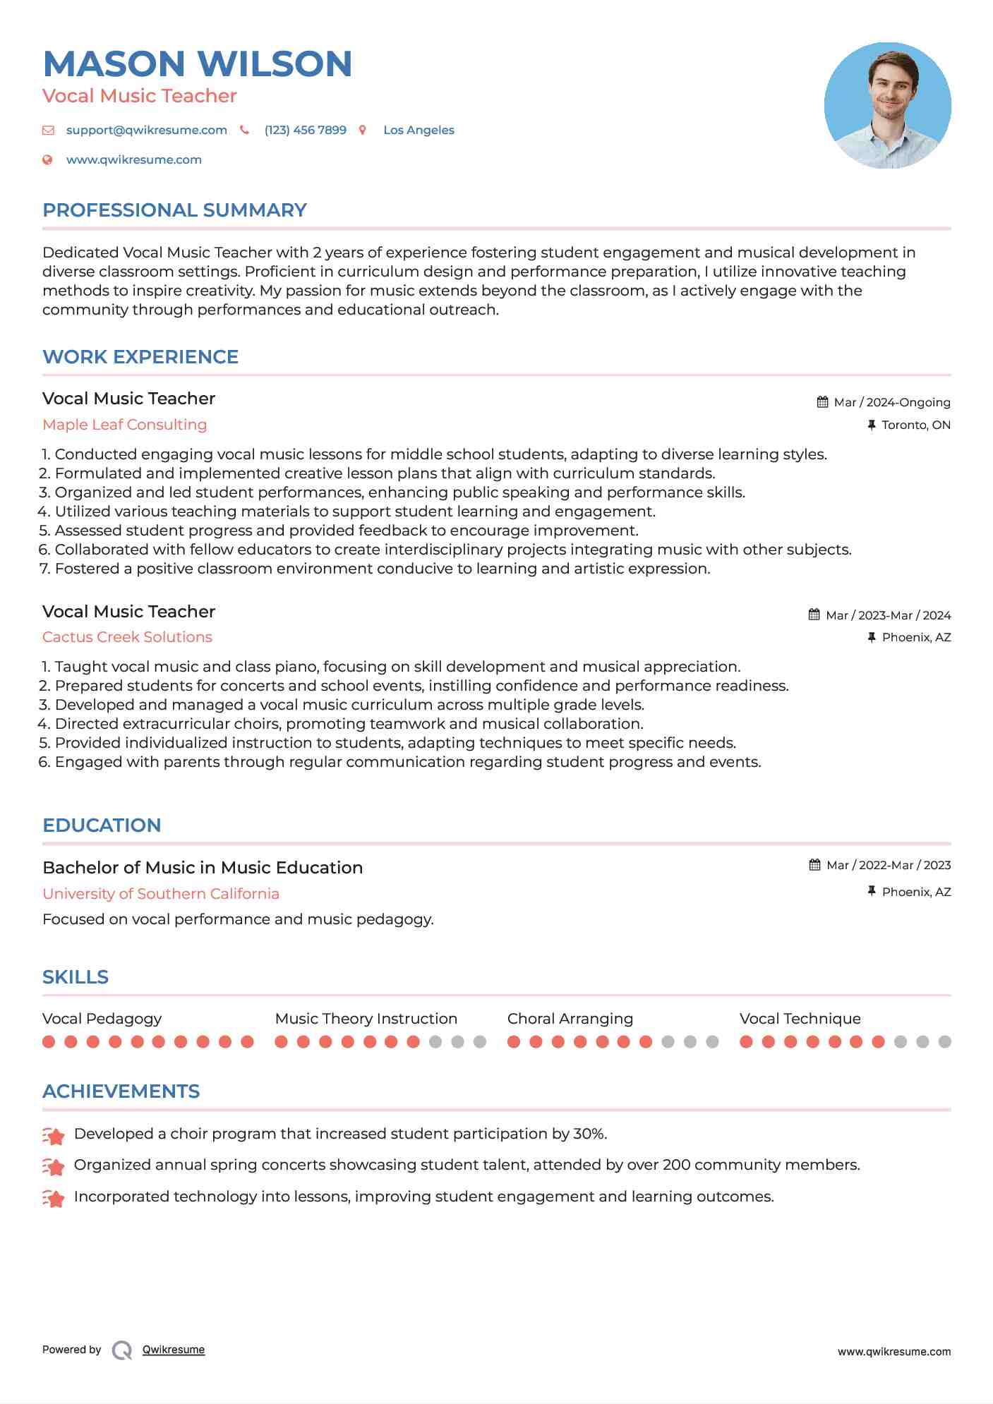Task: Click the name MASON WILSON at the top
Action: point(198,64)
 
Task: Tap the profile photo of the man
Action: point(887,105)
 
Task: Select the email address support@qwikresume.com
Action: point(146,131)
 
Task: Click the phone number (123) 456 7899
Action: point(305,131)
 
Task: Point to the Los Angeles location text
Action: point(419,131)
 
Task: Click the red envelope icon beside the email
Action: point(48,131)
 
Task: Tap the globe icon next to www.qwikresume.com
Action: point(47,160)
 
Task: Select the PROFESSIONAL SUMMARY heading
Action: point(174,210)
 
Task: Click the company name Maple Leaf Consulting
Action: point(125,425)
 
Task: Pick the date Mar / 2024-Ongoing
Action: point(891,403)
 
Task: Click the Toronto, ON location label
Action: point(915,425)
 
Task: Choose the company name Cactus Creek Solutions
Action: point(127,637)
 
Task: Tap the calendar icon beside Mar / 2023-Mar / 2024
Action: point(814,615)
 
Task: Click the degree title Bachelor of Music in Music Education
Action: point(203,868)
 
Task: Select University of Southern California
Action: point(161,894)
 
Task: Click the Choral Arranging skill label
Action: point(570,1019)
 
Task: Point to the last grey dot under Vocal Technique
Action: point(945,1042)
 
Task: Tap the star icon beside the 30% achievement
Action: point(54,1136)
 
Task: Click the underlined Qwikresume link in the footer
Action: point(174,1350)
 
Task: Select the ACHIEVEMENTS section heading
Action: point(121,1091)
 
